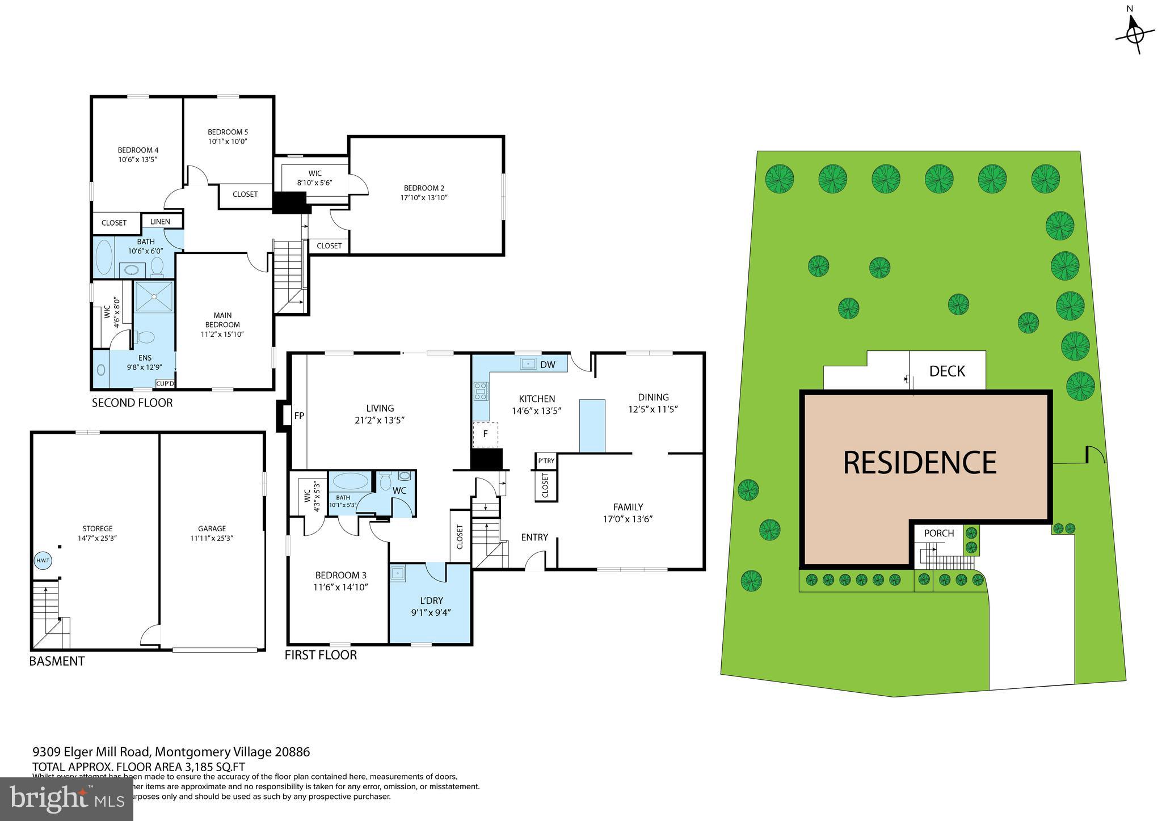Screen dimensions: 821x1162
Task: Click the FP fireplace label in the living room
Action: [x=299, y=416]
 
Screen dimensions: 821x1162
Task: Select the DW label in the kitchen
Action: [x=548, y=365]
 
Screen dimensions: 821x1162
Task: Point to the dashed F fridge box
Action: [x=485, y=434]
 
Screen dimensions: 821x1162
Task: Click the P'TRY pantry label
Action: [x=546, y=461]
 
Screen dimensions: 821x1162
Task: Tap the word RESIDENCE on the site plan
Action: [x=919, y=462]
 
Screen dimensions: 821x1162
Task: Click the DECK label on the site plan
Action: [x=947, y=371]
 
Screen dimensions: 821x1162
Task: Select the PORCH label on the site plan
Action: [x=939, y=533]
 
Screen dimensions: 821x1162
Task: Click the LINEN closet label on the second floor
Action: [x=160, y=222]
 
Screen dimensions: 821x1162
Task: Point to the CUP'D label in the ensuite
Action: [x=165, y=384]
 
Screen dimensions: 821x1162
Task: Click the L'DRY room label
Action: [x=431, y=600]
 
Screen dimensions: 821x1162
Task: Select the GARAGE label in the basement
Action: [x=212, y=528]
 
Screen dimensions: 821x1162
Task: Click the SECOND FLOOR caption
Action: [x=132, y=403]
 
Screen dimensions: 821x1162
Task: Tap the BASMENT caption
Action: [x=57, y=661]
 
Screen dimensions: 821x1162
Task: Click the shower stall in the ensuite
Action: [x=154, y=295]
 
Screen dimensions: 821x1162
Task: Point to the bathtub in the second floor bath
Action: [x=104, y=258]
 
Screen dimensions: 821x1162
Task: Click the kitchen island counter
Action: [x=592, y=425]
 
